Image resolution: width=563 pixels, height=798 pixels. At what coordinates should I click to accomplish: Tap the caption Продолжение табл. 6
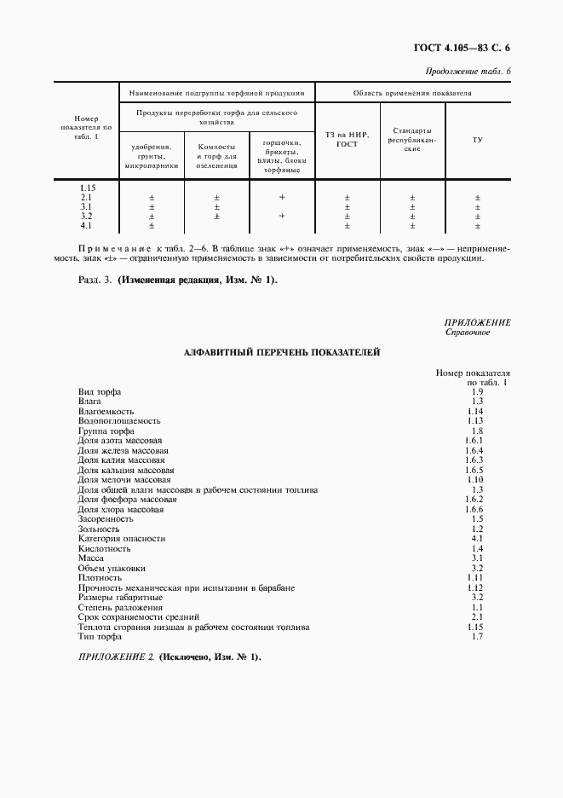[467, 71]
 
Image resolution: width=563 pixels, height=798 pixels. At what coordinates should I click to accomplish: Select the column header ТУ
[477, 139]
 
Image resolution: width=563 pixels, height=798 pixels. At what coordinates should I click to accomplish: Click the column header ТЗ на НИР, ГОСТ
[348, 139]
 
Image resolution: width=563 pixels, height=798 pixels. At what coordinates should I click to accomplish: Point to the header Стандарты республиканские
[412, 139]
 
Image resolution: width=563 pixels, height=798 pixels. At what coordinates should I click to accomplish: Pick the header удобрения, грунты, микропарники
[152, 156]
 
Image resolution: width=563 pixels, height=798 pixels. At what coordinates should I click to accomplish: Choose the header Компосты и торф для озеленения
[217, 156]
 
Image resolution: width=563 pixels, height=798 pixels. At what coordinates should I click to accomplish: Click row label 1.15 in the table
[86, 188]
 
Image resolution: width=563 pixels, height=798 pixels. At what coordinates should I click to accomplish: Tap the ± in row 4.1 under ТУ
[477, 226]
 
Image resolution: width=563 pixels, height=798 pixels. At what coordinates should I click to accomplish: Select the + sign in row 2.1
[282, 197]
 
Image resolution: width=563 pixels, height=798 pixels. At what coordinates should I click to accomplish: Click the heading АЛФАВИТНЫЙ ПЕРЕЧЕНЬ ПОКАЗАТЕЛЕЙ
[282, 351]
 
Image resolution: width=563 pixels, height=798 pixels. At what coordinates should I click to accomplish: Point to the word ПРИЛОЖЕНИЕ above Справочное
[477, 322]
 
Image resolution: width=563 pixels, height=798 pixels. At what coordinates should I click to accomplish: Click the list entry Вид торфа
[99, 392]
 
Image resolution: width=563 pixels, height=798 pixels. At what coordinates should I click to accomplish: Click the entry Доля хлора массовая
[120, 509]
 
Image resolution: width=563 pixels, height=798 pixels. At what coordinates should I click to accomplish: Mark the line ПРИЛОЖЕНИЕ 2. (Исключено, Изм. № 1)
[169, 657]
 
